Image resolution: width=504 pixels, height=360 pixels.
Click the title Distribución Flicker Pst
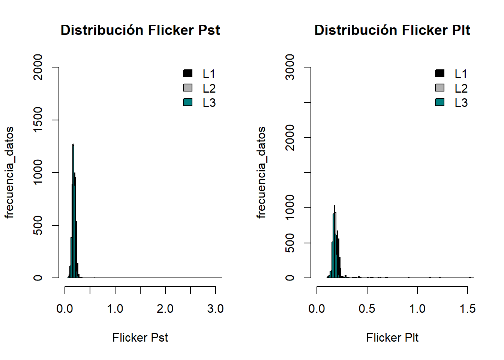(x=140, y=30)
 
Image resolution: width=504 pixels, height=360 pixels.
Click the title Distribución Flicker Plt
(x=392, y=30)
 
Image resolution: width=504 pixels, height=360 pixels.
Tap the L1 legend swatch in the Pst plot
(x=188, y=73)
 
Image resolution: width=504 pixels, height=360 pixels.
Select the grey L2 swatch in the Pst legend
(x=188, y=88)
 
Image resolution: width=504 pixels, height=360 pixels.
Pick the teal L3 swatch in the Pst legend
(x=188, y=102)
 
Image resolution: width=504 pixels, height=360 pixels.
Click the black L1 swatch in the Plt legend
(x=440, y=73)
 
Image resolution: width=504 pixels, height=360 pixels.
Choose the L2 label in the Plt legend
(x=461, y=88)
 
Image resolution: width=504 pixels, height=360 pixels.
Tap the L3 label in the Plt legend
(x=461, y=103)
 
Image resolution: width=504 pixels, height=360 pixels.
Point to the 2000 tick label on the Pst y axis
(x=38, y=67)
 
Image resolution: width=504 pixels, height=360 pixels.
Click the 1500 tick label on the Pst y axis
(x=38, y=120)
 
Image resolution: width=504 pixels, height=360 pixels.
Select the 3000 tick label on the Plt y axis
(x=290, y=67)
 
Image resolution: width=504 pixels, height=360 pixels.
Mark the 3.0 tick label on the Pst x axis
(x=215, y=309)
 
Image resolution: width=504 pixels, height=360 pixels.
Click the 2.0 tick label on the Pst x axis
(x=165, y=309)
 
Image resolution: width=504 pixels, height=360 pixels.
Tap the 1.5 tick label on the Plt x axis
(x=468, y=309)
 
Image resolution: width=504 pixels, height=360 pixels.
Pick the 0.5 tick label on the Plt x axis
(x=367, y=309)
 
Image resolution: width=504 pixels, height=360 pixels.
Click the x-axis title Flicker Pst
(x=140, y=337)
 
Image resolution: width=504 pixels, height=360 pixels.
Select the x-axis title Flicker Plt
(x=392, y=337)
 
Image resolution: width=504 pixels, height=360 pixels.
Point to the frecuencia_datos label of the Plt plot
(x=261, y=172)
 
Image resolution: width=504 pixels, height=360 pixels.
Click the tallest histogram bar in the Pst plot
(x=73, y=210)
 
